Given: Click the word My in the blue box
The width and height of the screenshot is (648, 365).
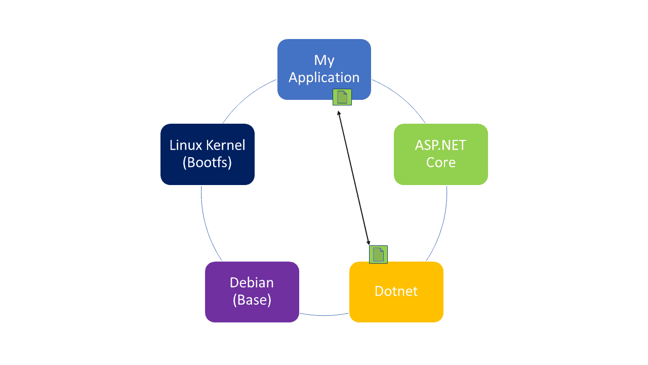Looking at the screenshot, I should [324, 60].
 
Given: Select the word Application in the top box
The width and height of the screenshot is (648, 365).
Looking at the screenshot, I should [324, 78].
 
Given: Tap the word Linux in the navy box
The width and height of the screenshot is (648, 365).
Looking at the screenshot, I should [184, 145].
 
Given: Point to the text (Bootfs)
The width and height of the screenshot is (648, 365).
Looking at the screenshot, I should [207, 163].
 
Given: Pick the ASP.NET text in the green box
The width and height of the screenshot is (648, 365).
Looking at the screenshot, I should [440, 145].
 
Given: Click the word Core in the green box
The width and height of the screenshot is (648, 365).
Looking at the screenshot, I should [440, 163].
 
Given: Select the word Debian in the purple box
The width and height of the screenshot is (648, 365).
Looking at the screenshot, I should [252, 282].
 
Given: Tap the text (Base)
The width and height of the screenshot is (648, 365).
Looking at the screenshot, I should [252, 300].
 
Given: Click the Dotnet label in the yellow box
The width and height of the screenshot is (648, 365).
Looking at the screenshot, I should [396, 291].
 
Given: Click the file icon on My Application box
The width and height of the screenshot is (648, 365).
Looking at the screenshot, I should [342, 97].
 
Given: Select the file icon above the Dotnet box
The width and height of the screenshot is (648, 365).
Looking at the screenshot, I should [378, 254].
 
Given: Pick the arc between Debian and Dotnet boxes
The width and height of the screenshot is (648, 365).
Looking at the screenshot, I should [324, 315].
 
